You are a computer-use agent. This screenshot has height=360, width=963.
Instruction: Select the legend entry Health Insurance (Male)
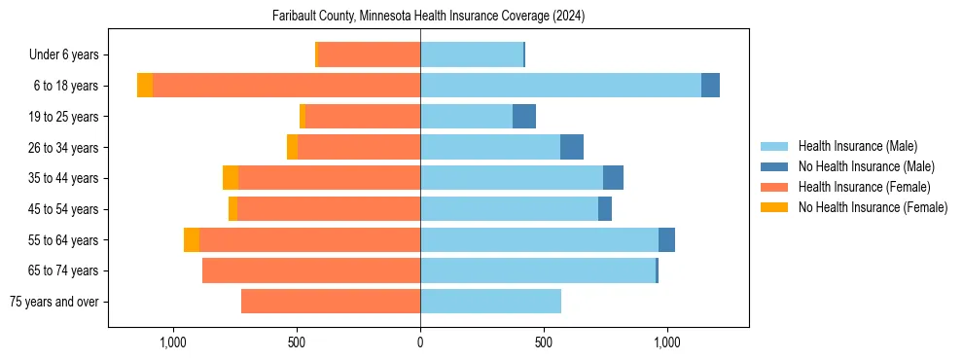click(857, 146)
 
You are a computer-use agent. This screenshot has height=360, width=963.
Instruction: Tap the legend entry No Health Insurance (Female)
click(873, 207)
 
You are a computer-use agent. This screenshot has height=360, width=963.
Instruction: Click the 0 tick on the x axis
click(420, 342)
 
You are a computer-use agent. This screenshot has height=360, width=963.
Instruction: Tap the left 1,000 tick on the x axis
click(173, 342)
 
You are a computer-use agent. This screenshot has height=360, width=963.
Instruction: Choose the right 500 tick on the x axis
click(544, 342)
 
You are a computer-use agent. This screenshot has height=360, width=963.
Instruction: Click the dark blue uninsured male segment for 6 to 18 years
click(710, 86)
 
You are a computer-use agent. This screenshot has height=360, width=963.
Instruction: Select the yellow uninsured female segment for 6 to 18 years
click(145, 86)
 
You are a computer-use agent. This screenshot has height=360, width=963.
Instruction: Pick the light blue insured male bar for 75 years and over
click(490, 302)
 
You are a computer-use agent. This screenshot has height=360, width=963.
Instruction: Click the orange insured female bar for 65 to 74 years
click(311, 270)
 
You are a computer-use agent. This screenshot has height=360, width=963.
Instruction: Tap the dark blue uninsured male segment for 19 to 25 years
click(524, 117)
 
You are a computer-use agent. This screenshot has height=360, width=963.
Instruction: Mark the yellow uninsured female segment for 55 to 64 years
click(192, 240)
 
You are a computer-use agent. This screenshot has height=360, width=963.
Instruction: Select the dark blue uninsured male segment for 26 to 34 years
click(572, 148)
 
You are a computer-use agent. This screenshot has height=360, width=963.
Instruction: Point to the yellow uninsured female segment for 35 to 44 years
click(231, 178)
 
